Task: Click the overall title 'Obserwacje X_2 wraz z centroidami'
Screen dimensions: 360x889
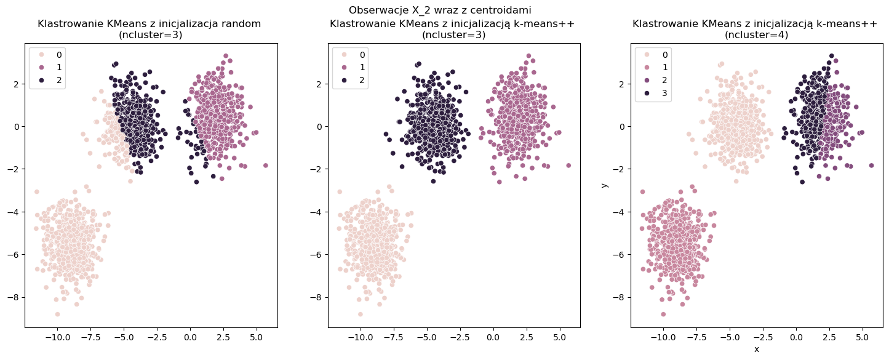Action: point(440,10)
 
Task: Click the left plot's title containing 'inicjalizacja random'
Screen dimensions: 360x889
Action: point(149,24)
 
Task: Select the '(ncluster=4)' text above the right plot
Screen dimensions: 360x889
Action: point(756,35)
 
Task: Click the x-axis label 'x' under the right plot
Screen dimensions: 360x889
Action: point(756,349)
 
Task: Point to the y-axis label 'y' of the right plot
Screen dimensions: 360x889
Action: point(605,185)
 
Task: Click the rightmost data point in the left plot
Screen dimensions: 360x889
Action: point(266,165)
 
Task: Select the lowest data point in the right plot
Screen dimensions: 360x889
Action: point(663,314)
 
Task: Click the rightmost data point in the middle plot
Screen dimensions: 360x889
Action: point(568,165)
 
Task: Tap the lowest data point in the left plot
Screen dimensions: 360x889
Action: point(57,314)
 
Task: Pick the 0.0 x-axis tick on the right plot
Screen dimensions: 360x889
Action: point(796,337)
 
